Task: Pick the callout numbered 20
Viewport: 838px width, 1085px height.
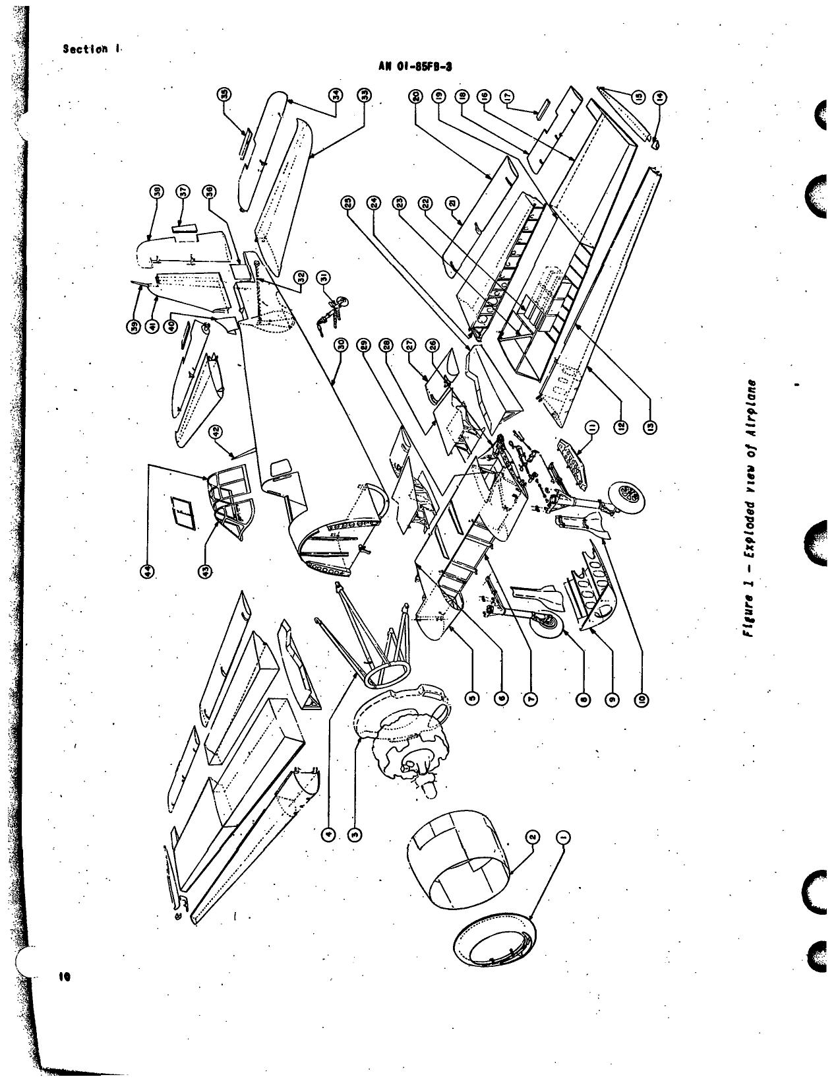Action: (415, 96)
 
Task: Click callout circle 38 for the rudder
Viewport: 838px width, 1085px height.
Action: (157, 191)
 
